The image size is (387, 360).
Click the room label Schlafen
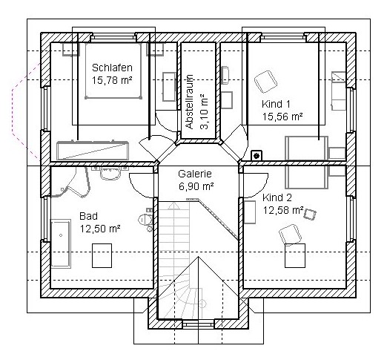pos(112,68)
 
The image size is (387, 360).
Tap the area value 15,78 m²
pos(112,80)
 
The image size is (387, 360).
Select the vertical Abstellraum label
pos(191,102)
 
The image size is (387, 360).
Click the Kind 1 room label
pos(276,104)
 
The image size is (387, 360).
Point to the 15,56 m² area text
pos(282,117)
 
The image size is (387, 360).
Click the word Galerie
pos(195,174)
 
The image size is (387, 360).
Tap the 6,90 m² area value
pos(196,186)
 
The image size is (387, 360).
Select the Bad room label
pos(88,216)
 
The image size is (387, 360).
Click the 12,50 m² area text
pos(100,229)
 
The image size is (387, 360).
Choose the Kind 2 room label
pos(277,197)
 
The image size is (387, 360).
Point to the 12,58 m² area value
pos(283,210)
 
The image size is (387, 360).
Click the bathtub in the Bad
pos(61,243)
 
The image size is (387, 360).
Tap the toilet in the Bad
pos(146,219)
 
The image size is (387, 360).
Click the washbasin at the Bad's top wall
pos(110,172)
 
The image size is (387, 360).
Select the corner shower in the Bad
pos(70,182)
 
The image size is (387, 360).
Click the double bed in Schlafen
pos(113,71)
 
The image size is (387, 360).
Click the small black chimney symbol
pos(257,156)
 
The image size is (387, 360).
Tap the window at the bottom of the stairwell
pos(198,324)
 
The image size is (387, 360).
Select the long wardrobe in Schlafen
pos(93,151)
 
